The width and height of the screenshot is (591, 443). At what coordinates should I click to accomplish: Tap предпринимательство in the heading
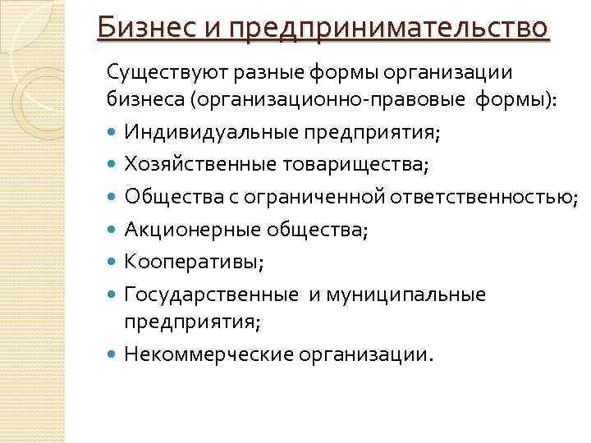[x=388, y=30]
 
